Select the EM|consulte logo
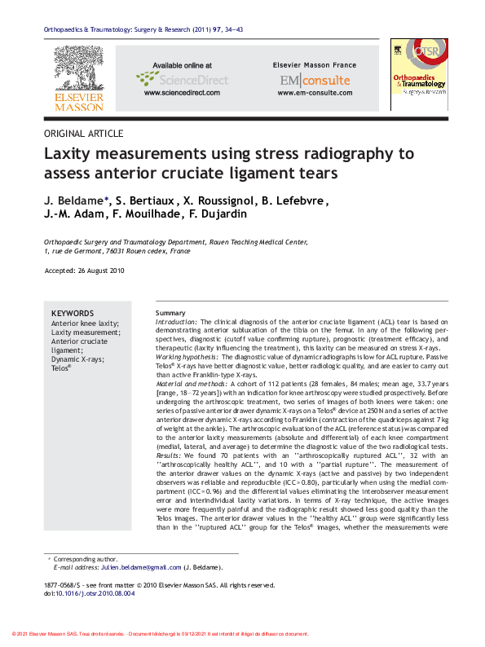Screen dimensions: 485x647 click(x=315, y=80)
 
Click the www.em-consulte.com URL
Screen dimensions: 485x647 click(x=314, y=93)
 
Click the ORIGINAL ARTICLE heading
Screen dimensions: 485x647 click(x=84, y=134)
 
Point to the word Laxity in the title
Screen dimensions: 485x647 click(x=70, y=154)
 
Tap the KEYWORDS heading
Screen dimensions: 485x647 click(x=73, y=314)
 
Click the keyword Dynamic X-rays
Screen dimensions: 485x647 click(x=77, y=359)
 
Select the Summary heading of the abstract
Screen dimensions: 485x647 click(x=170, y=314)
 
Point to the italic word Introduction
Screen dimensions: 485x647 click(x=175, y=323)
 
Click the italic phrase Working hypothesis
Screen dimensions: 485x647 click(x=185, y=358)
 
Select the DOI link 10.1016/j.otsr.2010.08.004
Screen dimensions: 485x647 click(x=96, y=593)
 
